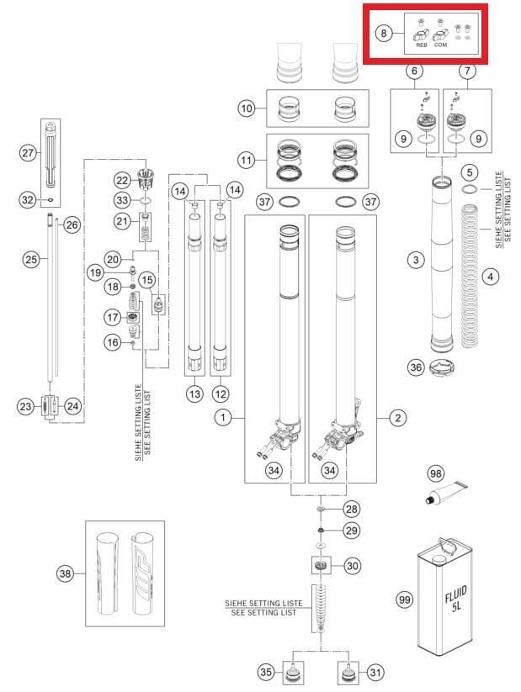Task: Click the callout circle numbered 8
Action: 383,33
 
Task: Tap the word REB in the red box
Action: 422,45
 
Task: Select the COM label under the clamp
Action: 440,45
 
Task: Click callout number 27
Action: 28,153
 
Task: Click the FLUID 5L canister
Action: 444,596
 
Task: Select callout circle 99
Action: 404,600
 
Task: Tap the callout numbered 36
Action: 416,367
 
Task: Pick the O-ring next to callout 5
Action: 470,189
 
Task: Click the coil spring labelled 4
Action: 470,276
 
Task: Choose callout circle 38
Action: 65,573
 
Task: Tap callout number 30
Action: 352,565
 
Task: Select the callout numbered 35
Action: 266,672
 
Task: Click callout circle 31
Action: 375,672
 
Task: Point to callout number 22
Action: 122,180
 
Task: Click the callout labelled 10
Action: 247,108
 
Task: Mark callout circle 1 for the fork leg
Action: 223,417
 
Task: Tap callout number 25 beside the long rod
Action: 31,259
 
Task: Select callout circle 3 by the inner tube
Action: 416,260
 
